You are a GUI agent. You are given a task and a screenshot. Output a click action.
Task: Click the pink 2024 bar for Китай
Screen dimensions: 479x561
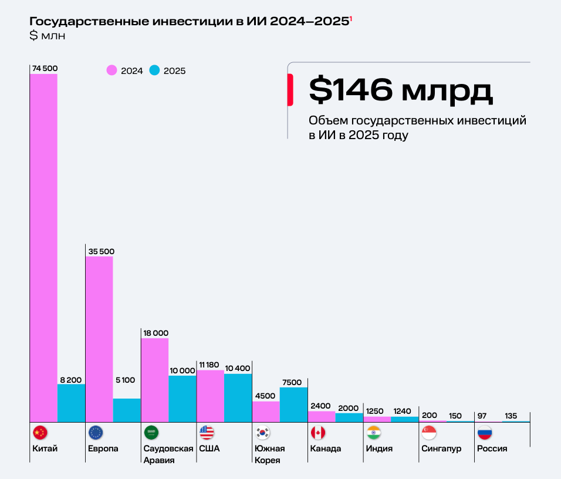43,247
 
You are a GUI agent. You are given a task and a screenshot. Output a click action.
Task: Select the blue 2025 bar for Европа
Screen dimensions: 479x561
127,410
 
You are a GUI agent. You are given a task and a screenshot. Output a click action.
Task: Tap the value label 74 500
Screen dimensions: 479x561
45,68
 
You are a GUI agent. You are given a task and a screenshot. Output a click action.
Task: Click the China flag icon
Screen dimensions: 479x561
40,433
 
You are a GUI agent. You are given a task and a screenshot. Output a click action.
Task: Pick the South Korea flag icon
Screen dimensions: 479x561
262,433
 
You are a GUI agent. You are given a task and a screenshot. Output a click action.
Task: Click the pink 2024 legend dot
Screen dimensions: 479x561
111,70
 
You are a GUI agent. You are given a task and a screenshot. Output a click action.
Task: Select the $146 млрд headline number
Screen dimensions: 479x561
400,90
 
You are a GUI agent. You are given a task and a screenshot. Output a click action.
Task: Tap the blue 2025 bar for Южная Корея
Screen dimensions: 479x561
293,404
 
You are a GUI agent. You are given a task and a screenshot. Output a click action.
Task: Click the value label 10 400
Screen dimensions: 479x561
238,367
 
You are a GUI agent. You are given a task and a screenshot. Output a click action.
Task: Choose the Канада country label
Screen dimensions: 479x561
325,448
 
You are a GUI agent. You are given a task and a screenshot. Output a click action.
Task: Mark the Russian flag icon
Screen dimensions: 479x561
485,433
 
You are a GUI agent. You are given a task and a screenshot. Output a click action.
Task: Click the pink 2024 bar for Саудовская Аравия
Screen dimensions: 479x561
155,379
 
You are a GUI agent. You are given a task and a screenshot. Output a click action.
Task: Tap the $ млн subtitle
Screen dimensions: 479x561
48,36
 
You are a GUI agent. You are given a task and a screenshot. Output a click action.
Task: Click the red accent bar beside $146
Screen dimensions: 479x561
290,90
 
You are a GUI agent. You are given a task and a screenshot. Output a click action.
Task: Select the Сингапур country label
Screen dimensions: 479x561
441,448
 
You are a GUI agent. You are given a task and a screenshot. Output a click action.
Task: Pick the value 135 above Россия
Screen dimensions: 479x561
511,416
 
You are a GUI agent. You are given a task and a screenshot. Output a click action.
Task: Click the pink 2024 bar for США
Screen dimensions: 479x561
210,395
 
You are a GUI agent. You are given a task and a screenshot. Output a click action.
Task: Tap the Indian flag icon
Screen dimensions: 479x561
373,433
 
